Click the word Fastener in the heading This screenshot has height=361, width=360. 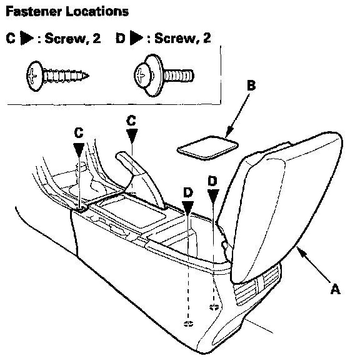[34, 11]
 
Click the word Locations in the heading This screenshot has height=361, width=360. [97, 11]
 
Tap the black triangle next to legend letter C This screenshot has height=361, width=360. [27, 38]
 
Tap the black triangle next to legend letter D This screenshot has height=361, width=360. [136, 38]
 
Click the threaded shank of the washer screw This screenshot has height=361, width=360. [179, 76]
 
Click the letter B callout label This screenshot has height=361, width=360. [251, 85]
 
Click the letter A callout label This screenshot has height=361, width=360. [336, 289]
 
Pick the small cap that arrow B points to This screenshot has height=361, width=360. [207, 147]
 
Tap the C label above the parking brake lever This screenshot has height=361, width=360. [131, 121]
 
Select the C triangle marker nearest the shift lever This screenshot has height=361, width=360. [79, 151]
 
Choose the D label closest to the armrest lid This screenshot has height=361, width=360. [212, 180]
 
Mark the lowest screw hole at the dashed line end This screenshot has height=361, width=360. [188, 324]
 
